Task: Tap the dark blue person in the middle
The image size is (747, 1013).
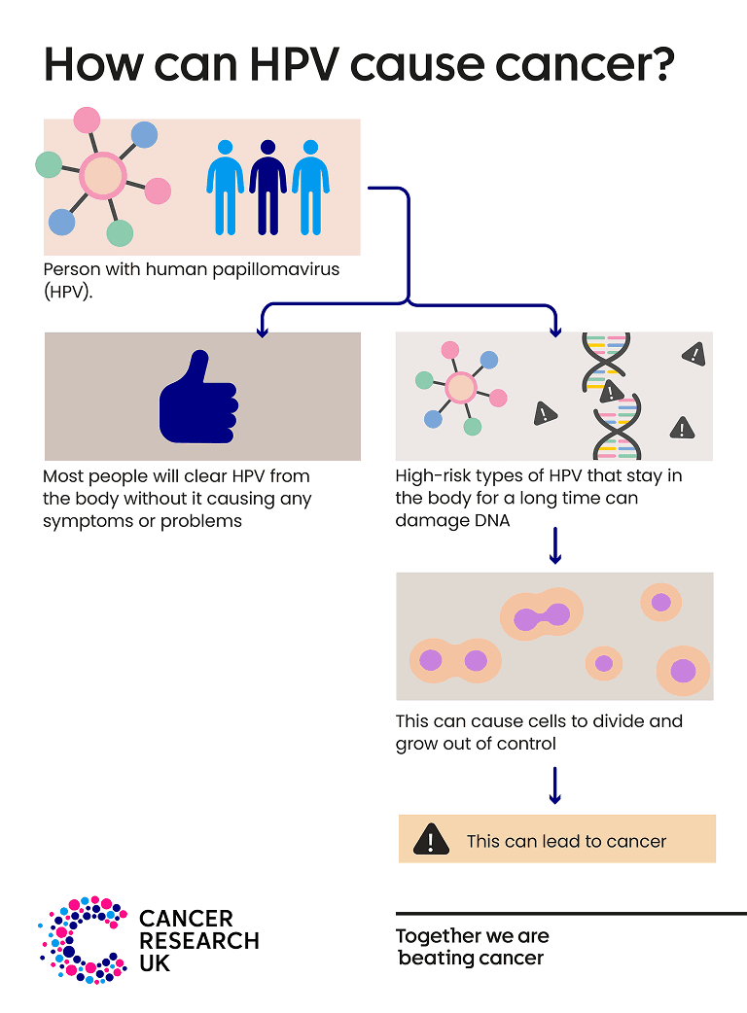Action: coord(267,187)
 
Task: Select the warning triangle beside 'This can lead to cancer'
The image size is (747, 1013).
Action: coord(430,839)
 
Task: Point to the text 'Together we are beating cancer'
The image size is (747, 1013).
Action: coord(473,947)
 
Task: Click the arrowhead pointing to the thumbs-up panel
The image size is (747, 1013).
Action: coord(261,331)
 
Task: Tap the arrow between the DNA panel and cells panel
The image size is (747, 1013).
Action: coord(555,546)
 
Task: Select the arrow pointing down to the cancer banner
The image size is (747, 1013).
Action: coord(555,786)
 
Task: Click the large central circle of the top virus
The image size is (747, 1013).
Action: coord(102,177)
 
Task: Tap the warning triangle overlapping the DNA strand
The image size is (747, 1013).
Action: coord(610,392)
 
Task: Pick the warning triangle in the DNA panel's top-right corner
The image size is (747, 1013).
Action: coord(694,354)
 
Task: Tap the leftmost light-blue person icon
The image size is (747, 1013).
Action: coord(225,187)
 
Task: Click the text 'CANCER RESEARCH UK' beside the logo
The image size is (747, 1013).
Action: coord(198,940)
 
